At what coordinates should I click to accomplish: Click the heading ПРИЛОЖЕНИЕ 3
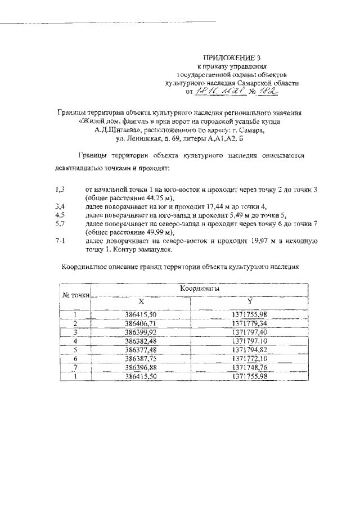232,57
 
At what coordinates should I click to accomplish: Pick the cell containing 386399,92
140,332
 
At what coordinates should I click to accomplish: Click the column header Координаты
200,288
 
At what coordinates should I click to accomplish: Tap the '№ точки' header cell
76,294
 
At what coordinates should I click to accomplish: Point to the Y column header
250,301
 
